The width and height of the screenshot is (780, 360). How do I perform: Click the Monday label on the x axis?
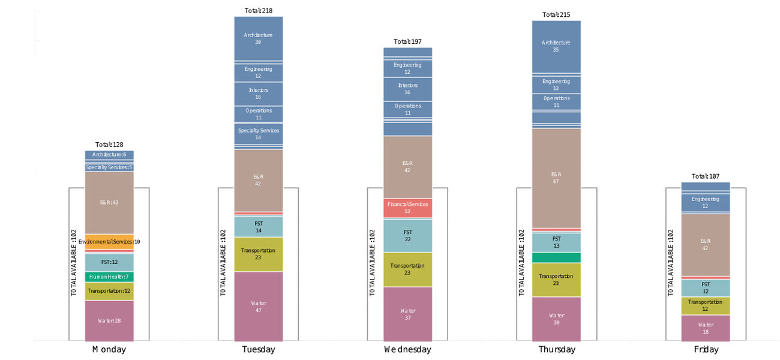coord(109,349)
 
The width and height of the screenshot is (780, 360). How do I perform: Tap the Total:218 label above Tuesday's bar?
coord(259,11)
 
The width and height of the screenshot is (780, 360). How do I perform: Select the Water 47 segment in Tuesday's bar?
coord(259,306)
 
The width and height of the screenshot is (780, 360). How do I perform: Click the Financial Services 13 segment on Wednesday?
coord(408,208)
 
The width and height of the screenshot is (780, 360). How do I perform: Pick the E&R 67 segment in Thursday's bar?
coord(556,178)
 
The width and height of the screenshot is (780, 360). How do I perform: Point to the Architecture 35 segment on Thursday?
coord(556,46)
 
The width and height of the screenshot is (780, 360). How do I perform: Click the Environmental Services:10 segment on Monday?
coord(109,241)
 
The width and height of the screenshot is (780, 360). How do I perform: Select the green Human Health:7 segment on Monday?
coord(109,277)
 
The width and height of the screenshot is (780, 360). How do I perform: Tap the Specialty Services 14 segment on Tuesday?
coord(259,134)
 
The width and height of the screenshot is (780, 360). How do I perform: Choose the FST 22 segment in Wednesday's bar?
coord(408,235)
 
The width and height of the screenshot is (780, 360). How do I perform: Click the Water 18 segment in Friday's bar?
coord(706,328)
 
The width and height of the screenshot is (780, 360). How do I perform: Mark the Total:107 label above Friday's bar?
coord(706,176)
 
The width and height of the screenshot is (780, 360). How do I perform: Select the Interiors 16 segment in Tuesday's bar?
coord(259,93)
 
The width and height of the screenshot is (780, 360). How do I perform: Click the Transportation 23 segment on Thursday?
coord(556,279)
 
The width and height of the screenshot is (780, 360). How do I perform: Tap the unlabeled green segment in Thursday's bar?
coord(556,257)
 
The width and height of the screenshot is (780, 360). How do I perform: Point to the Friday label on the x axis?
coord(706,349)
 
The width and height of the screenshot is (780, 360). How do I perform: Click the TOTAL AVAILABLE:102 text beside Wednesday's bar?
coord(372,262)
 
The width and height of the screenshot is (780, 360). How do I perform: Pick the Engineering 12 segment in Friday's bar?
coord(706,202)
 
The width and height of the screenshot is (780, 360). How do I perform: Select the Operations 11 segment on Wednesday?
coord(408,109)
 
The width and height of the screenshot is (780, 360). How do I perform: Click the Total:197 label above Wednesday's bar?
coord(408,42)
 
